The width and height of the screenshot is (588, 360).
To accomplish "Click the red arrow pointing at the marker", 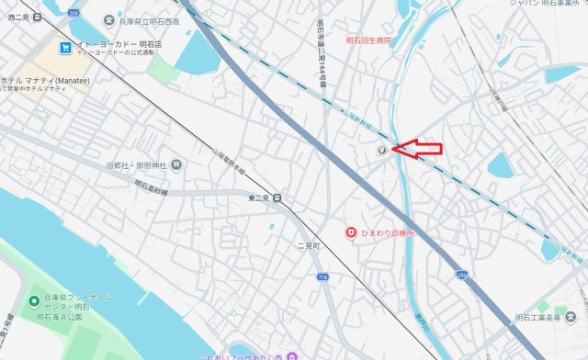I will point(418,149).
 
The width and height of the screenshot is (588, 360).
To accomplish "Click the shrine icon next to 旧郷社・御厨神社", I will point(176,165).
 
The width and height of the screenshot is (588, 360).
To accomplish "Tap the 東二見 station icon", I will point(277,197).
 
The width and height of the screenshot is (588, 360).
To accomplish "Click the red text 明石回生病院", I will point(367,41).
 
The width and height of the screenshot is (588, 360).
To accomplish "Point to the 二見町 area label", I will point(307,247).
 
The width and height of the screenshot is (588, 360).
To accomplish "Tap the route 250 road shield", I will point(460,275).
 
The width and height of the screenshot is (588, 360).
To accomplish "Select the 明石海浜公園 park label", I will point(59,316).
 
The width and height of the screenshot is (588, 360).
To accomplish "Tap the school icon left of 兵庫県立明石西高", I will point(109,20).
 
